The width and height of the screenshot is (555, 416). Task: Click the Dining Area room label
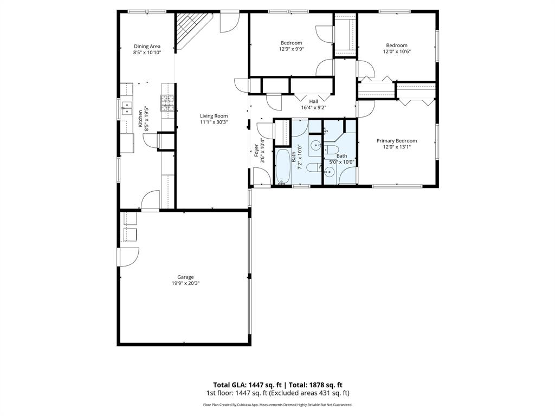click(147, 47)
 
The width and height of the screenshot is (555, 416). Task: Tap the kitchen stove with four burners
click(167, 103)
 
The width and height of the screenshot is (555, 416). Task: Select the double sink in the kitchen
click(126, 109)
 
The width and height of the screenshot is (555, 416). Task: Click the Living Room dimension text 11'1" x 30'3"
click(214, 122)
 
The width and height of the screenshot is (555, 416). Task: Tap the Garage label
click(185, 277)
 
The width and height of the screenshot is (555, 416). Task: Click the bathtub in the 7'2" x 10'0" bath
click(283, 167)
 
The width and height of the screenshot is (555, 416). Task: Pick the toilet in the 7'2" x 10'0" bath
click(313, 167)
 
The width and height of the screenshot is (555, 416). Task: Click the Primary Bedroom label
click(397, 141)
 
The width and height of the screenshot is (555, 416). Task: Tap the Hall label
click(313, 101)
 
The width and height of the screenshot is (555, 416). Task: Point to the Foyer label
click(256, 150)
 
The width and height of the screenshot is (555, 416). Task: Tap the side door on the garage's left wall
click(129, 256)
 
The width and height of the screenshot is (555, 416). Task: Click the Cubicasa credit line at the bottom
click(277, 405)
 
